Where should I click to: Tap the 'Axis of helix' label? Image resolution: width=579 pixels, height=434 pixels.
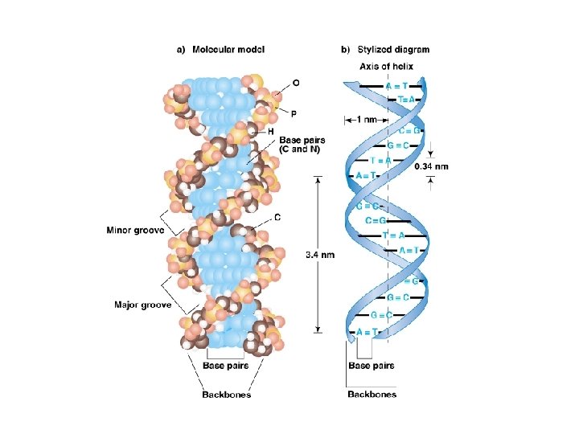(386, 67)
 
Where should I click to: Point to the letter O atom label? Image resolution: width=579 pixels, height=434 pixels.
(296, 82)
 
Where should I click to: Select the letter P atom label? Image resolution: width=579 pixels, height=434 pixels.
(294, 113)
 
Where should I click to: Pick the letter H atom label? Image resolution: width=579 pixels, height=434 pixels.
(271, 131)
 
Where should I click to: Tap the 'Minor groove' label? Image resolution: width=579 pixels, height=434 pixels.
(135, 230)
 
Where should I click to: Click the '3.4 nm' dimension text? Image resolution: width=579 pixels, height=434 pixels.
(320, 255)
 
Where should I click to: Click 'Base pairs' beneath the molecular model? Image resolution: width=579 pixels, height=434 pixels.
(225, 366)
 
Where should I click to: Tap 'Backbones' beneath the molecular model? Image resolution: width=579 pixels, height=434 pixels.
(226, 394)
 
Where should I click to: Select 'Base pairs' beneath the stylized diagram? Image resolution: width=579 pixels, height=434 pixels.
(371, 366)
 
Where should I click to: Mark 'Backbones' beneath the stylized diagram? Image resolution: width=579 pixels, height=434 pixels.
(372, 394)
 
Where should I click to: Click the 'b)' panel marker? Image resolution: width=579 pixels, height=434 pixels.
(345, 49)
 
